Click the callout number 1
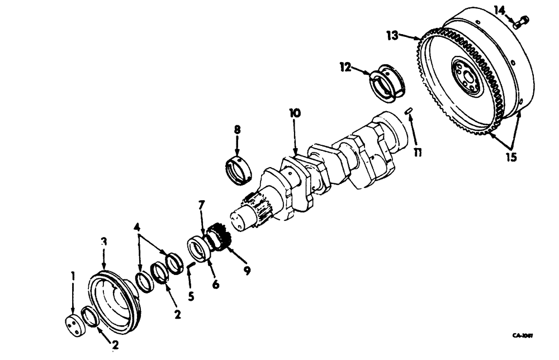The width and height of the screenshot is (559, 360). point(72,276)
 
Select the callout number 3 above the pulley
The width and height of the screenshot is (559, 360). point(103,241)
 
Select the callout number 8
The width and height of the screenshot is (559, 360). point(247,270)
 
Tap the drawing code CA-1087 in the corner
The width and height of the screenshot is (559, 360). point(522,336)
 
